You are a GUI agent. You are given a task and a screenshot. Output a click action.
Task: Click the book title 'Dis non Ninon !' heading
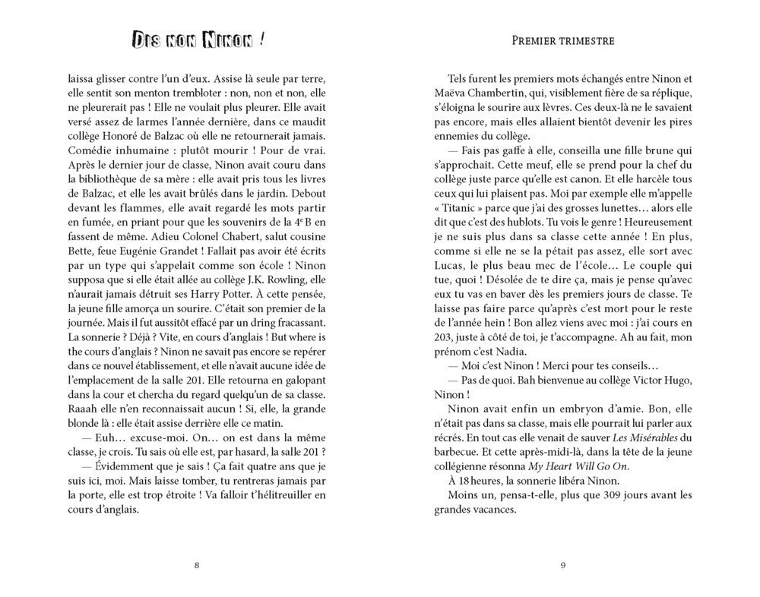(x=197, y=39)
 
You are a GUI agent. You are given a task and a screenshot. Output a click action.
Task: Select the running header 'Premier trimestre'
(x=562, y=40)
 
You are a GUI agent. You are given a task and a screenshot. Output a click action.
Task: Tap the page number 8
(x=197, y=564)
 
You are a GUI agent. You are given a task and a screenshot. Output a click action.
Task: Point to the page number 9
(x=562, y=564)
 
